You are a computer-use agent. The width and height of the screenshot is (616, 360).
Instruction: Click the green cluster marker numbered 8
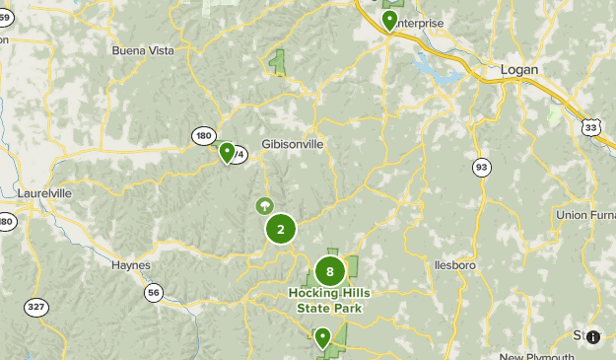tap(330, 270)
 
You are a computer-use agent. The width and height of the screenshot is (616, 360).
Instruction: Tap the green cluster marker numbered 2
tap(281, 230)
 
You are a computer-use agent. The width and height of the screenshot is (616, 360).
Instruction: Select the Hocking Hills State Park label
tap(329, 300)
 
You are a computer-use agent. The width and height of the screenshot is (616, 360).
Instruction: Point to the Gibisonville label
tap(293, 144)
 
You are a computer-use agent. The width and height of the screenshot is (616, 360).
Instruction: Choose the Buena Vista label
tap(142, 50)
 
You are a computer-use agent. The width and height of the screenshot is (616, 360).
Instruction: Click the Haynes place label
tap(131, 264)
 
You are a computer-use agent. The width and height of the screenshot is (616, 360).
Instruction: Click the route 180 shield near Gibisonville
tap(204, 136)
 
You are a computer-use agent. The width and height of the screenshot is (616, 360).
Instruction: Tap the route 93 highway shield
tap(481, 167)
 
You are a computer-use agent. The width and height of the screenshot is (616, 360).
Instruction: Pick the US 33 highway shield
tap(590, 127)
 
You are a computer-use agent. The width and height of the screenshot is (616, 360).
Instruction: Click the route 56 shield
tap(153, 292)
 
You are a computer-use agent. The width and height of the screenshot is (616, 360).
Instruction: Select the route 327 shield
tap(36, 308)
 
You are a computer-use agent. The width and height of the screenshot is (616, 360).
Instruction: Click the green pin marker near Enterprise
tap(390, 20)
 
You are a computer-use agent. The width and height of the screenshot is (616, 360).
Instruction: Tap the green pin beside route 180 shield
tap(228, 152)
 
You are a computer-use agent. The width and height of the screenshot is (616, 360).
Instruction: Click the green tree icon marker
tap(264, 205)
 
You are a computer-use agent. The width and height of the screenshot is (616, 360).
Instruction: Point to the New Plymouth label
tap(536, 356)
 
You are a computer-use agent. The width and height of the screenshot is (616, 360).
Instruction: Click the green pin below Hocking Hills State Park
tap(322, 338)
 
